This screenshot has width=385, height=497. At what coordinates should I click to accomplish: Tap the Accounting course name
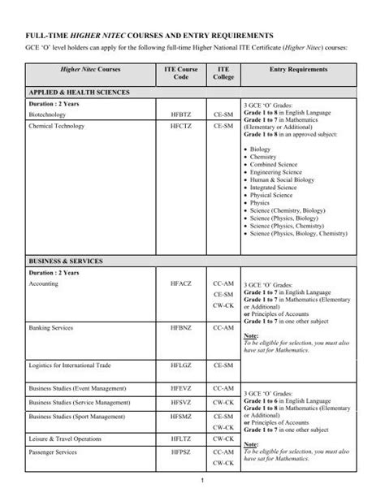(43, 284)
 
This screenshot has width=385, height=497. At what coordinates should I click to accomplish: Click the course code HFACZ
(178, 284)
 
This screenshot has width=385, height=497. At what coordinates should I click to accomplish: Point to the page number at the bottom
(192, 485)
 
